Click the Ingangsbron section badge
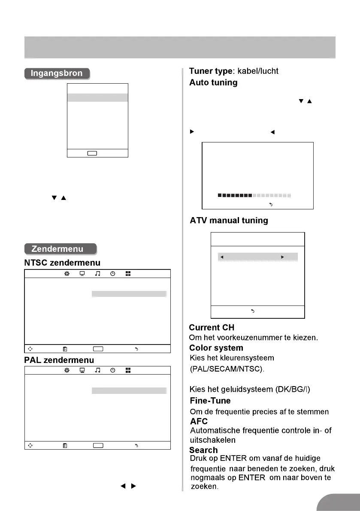pyautogui.click(x=57, y=73)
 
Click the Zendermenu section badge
pyautogui.click(x=60, y=249)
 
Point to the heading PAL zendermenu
pyautogui.click(x=59, y=359)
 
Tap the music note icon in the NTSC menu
pyautogui.click(x=97, y=274)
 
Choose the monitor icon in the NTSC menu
pyautogui.click(x=82, y=274)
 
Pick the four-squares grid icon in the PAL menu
pyautogui.click(x=128, y=370)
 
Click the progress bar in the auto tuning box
pyautogui.click(x=254, y=196)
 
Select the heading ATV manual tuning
pyautogui.click(x=229, y=221)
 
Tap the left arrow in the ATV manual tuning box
pyautogui.click(x=221, y=257)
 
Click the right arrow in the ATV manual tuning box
pyautogui.click(x=282, y=257)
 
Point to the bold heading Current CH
pyautogui.click(x=212, y=328)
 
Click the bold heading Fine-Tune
pyautogui.click(x=210, y=401)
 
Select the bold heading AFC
pyautogui.click(x=198, y=422)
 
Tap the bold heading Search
pyautogui.click(x=203, y=450)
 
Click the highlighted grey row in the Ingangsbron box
pyautogui.click(x=98, y=97)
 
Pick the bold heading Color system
pyautogui.click(x=216, y=348)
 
